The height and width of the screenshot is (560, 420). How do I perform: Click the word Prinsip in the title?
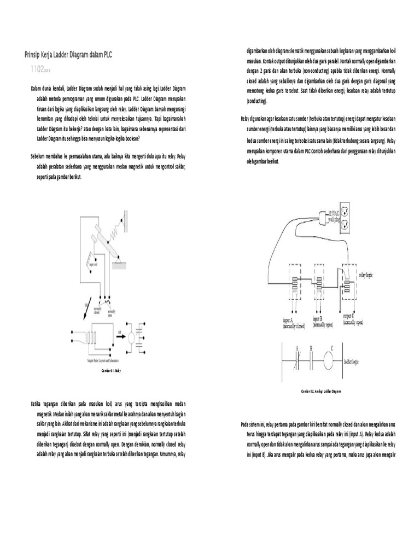tap(33, 55)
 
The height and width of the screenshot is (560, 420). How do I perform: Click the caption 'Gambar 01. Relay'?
tap(111, 370)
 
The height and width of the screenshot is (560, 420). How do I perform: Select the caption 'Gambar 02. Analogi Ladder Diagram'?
tap(321, 392)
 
